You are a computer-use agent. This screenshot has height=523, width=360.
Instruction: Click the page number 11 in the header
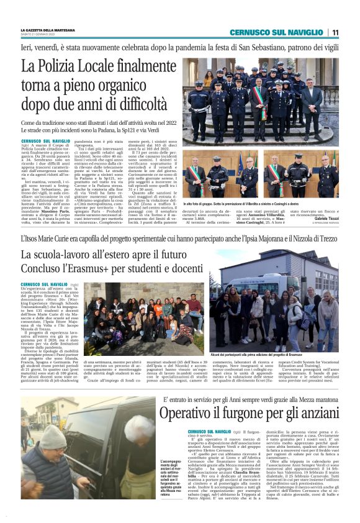coord(335,32)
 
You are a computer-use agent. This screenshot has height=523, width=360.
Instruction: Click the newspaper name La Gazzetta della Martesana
coord(48,30)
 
